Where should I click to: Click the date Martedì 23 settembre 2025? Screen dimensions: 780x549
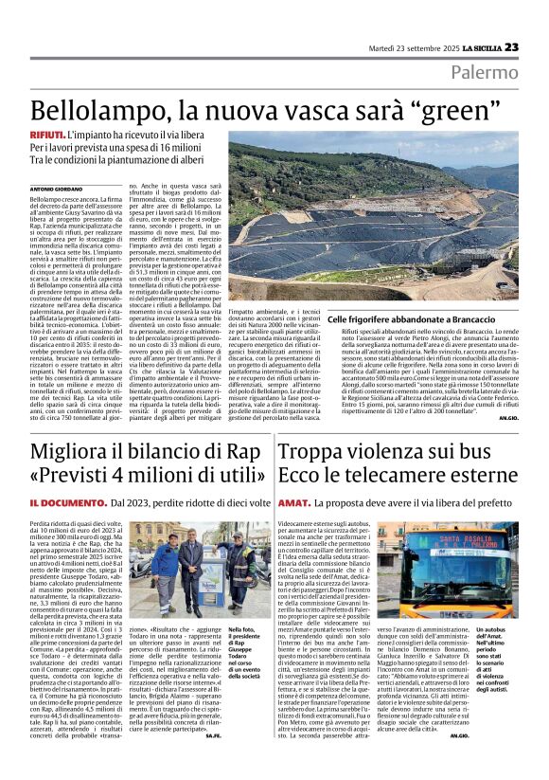pyautogui.click(x=414, y=47)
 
